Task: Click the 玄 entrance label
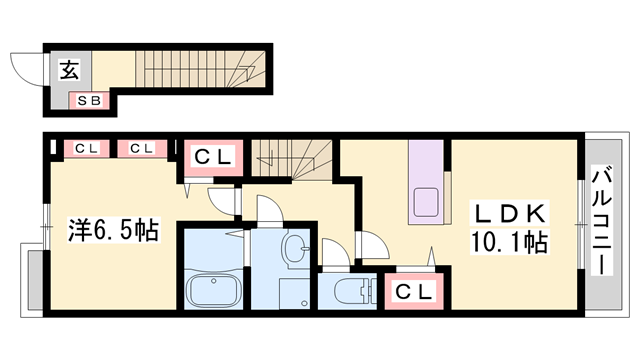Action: point(69,70)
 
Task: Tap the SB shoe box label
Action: point(89,100)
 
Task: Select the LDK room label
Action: point(509,213)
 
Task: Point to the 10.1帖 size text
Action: point(509,242)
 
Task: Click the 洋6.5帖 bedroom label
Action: point(113,230)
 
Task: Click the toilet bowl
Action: point(351,291)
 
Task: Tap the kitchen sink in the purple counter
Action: point(427,202)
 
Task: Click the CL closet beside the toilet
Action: point(414,291)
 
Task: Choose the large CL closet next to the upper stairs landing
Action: point(213,157)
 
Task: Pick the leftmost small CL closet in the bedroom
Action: point(87,149)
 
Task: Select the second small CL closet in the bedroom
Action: point(142,149)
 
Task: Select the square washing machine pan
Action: point(294,293)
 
